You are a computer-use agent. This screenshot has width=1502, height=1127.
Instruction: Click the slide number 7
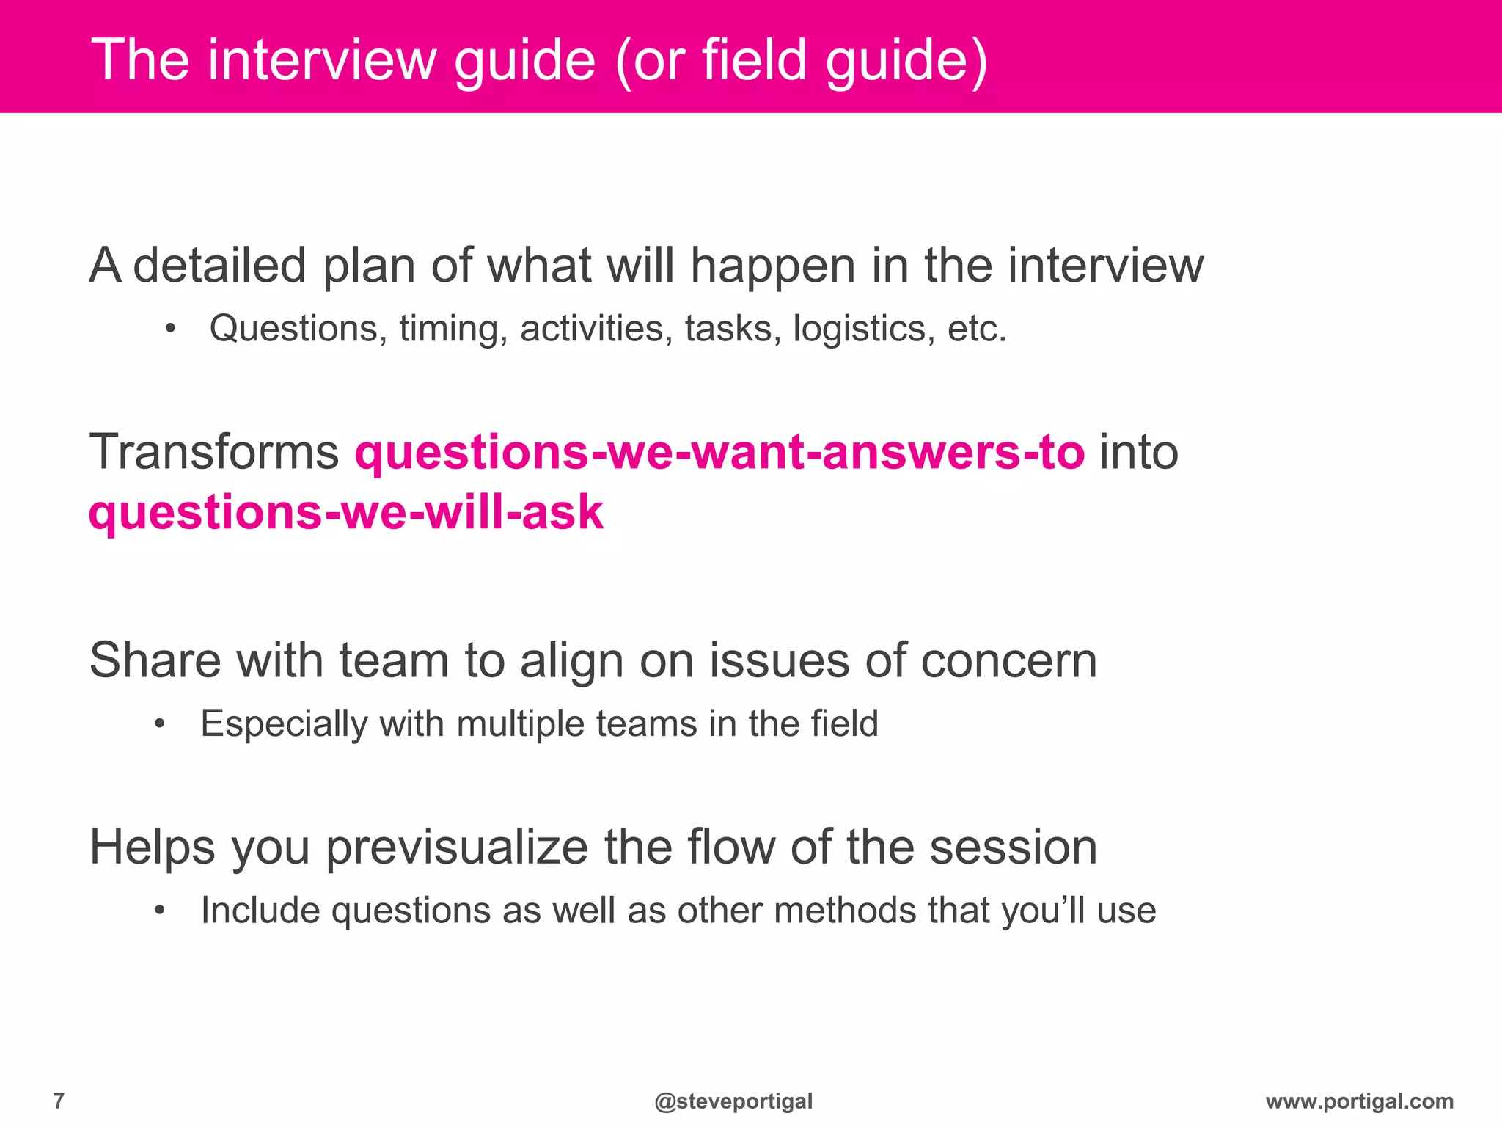(59, 1101)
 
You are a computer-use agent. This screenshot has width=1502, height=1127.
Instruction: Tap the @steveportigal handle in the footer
(733, 1101)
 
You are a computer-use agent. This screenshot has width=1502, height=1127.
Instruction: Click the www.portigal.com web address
(1359, 1101)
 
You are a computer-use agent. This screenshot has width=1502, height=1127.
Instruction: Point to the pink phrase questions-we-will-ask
(345, 512)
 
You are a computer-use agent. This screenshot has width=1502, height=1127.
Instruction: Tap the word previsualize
(457, 847)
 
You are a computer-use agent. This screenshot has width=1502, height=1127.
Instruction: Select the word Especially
(285, 724)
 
